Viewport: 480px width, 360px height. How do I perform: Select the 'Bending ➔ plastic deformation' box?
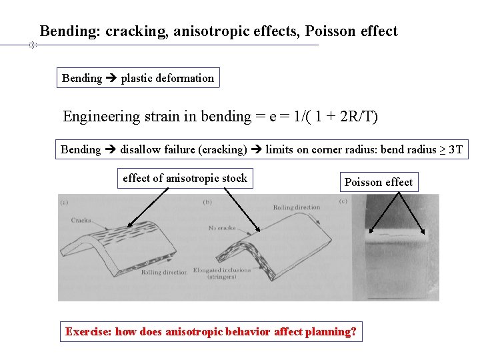point(138,78)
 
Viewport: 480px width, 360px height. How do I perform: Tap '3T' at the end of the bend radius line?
point(456,149)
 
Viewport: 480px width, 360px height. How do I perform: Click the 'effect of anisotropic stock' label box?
point(185,178)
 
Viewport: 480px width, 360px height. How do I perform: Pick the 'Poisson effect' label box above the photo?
point(378,182)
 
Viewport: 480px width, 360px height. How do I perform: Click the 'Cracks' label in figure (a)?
point(81,219)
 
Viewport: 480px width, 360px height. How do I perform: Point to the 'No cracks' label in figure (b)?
point(223,227)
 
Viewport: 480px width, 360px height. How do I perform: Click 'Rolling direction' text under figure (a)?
point(164,272)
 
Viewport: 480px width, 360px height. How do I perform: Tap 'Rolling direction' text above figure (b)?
point(297,207)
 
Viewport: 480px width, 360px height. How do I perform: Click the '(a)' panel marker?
point(65,202)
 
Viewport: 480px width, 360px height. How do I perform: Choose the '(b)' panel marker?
point(207,202)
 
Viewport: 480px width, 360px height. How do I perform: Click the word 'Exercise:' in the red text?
point(89,331)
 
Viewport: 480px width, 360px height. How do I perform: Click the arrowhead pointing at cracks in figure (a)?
point(129,227)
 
